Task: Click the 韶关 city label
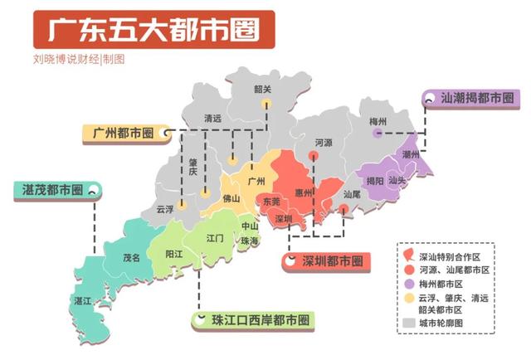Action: click(263, 89)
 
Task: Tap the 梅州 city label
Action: click(379, 121)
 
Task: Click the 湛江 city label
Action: click(83, 300)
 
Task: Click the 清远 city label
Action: click(213, 119)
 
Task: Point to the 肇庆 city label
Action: click(192, 166)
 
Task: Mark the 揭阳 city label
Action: click(375, 181)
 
